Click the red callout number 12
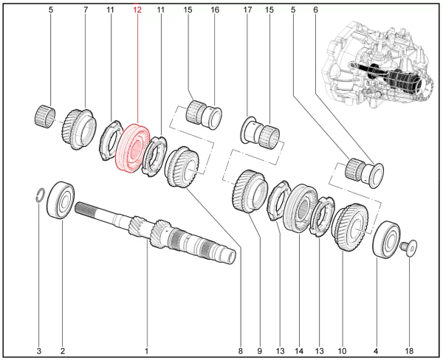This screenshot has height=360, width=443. [137, 10]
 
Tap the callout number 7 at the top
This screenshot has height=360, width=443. [86, 10]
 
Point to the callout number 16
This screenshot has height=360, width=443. [216, 10]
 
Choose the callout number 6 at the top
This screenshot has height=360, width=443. [315, 10]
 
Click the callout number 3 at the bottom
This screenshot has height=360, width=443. [39, 350]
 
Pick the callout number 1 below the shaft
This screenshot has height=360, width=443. [147, 350]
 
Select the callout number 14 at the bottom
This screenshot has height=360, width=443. [300, 350]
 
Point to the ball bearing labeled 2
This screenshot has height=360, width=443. [61, 200]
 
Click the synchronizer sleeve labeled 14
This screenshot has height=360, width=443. [300, 209]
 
